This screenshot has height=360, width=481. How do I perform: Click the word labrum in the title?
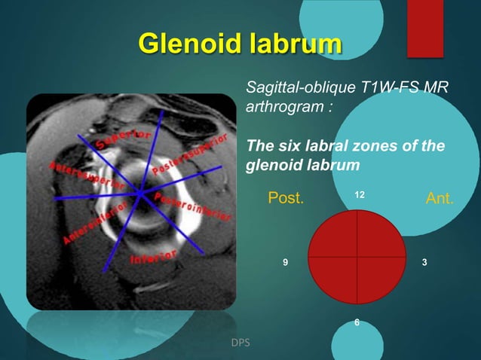pos(291,44)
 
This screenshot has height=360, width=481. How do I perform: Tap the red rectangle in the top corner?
pos(424,28)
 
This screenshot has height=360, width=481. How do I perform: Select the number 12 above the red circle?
pos(360,195)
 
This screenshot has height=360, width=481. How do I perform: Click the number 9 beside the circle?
pos(285,262)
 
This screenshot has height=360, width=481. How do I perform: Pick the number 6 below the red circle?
pos(357,322)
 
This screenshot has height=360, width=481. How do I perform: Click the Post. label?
pos(286,199)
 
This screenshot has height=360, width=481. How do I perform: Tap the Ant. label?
pos(440,199)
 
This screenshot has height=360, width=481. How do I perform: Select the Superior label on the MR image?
pos(124,139)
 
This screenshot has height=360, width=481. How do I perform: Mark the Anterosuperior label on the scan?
pos(79,175)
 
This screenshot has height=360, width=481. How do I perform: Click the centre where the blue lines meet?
pos(141,194)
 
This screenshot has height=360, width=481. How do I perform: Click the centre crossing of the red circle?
pos(358,257)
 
